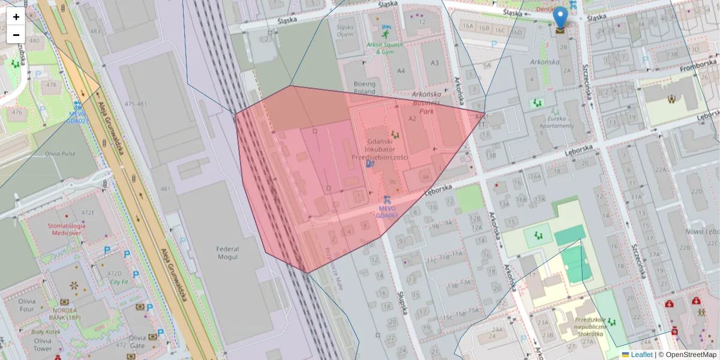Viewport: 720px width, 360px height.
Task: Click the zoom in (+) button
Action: click(16, 17)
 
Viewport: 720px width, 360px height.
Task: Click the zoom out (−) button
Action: click(16, 35)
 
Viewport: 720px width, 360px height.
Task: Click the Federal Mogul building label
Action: click(227, 253)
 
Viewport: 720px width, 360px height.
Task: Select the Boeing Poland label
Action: click(364, 88)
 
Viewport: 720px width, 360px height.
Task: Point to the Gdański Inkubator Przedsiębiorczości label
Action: click(379, 148)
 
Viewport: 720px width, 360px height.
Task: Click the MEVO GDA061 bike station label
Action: click(387, 211)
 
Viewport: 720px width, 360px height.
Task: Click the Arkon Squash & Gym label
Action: click(383, 47)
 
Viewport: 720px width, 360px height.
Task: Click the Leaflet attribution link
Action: click(641, 355)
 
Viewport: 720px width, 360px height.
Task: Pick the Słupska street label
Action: click(403, 303)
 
